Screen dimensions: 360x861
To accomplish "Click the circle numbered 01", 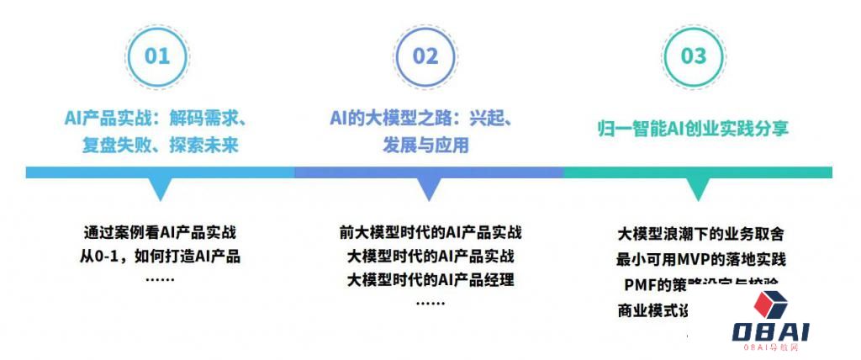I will [157, 56].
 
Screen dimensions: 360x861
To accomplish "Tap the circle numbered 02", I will [425, 56].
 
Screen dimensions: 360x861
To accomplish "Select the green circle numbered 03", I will [694, 56].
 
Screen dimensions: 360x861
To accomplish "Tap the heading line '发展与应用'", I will [425, 146].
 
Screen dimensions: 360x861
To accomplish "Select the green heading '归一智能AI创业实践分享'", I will [692, 130].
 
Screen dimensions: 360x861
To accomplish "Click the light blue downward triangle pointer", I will [160, 188].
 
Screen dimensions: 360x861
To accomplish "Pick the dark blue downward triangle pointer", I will [429, 188].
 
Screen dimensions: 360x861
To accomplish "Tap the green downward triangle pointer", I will [697, 188].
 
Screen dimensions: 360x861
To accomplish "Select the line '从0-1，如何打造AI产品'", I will [160, 256].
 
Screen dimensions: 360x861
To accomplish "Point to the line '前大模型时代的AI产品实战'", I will [430, 233].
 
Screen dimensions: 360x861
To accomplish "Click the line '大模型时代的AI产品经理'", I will [430, 278].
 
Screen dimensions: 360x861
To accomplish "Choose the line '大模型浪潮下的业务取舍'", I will [700, 235].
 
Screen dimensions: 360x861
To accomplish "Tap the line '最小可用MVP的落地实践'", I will [700, 258].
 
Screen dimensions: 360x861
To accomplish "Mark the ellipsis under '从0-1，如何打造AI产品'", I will [160, 278].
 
